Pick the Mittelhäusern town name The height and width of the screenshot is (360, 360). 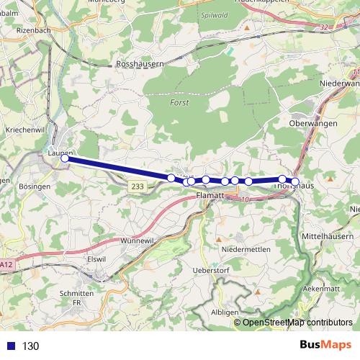pos(328,236)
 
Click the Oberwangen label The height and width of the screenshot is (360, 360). pos(312,123)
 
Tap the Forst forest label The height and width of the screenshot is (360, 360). pos(180,103)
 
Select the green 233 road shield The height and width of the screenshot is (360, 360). pos(138,186)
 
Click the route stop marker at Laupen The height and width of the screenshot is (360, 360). pos(64,158)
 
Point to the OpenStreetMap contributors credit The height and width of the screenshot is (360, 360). pos(297,323)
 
